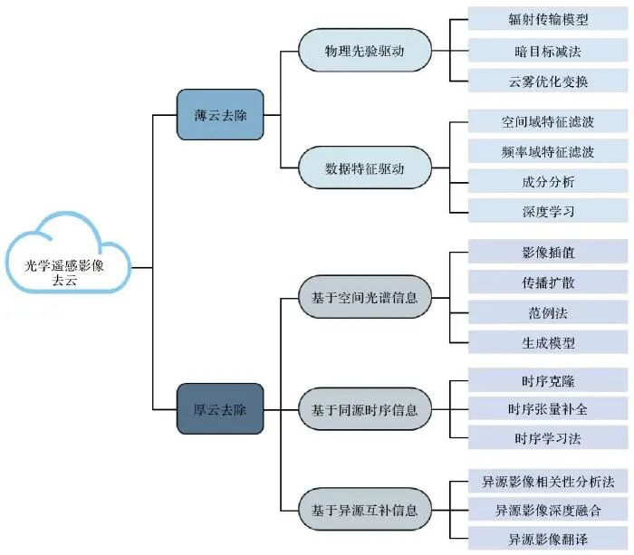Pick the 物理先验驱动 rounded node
[x=365, y=49]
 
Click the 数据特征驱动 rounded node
[x=365, y=167]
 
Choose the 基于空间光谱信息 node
[x=365, y=296]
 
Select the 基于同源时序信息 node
[x=365, y=409]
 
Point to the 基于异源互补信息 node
[x=365, y=510]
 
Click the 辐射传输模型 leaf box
[x=548, y=18]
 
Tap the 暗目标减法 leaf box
[x=548, y=49]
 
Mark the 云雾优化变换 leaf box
[x=548, y=80]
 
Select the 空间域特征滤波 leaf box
[x=548, y=120]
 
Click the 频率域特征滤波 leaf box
[x=548, y=151]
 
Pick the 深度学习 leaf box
[x=548, y=211]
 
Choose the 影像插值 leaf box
[x=548, y=252]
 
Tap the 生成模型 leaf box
[x=548, y=343]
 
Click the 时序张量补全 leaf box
[x=548, y=409]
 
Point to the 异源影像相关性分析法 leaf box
[x=548, y=480]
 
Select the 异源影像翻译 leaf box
[x=548, y=540]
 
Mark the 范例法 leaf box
[x=548, y=312]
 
